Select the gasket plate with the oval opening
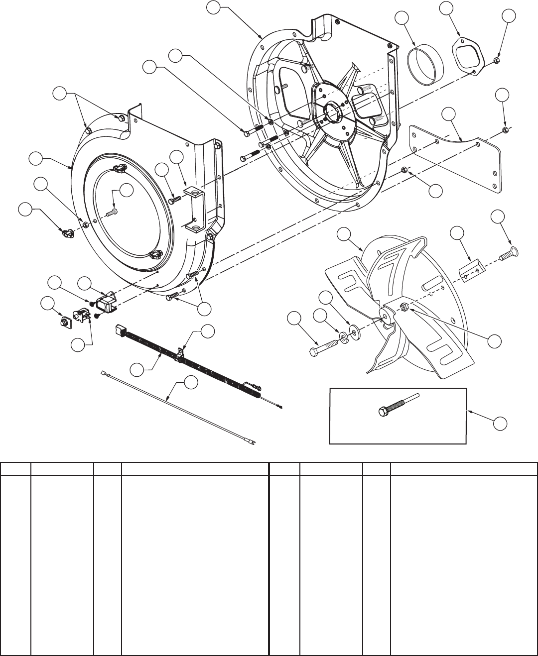[x=468, y=56]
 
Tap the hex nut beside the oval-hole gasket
[x=497, y=61]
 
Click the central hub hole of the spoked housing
[x=331, y=111]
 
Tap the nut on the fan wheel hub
[x=405, y=308]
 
